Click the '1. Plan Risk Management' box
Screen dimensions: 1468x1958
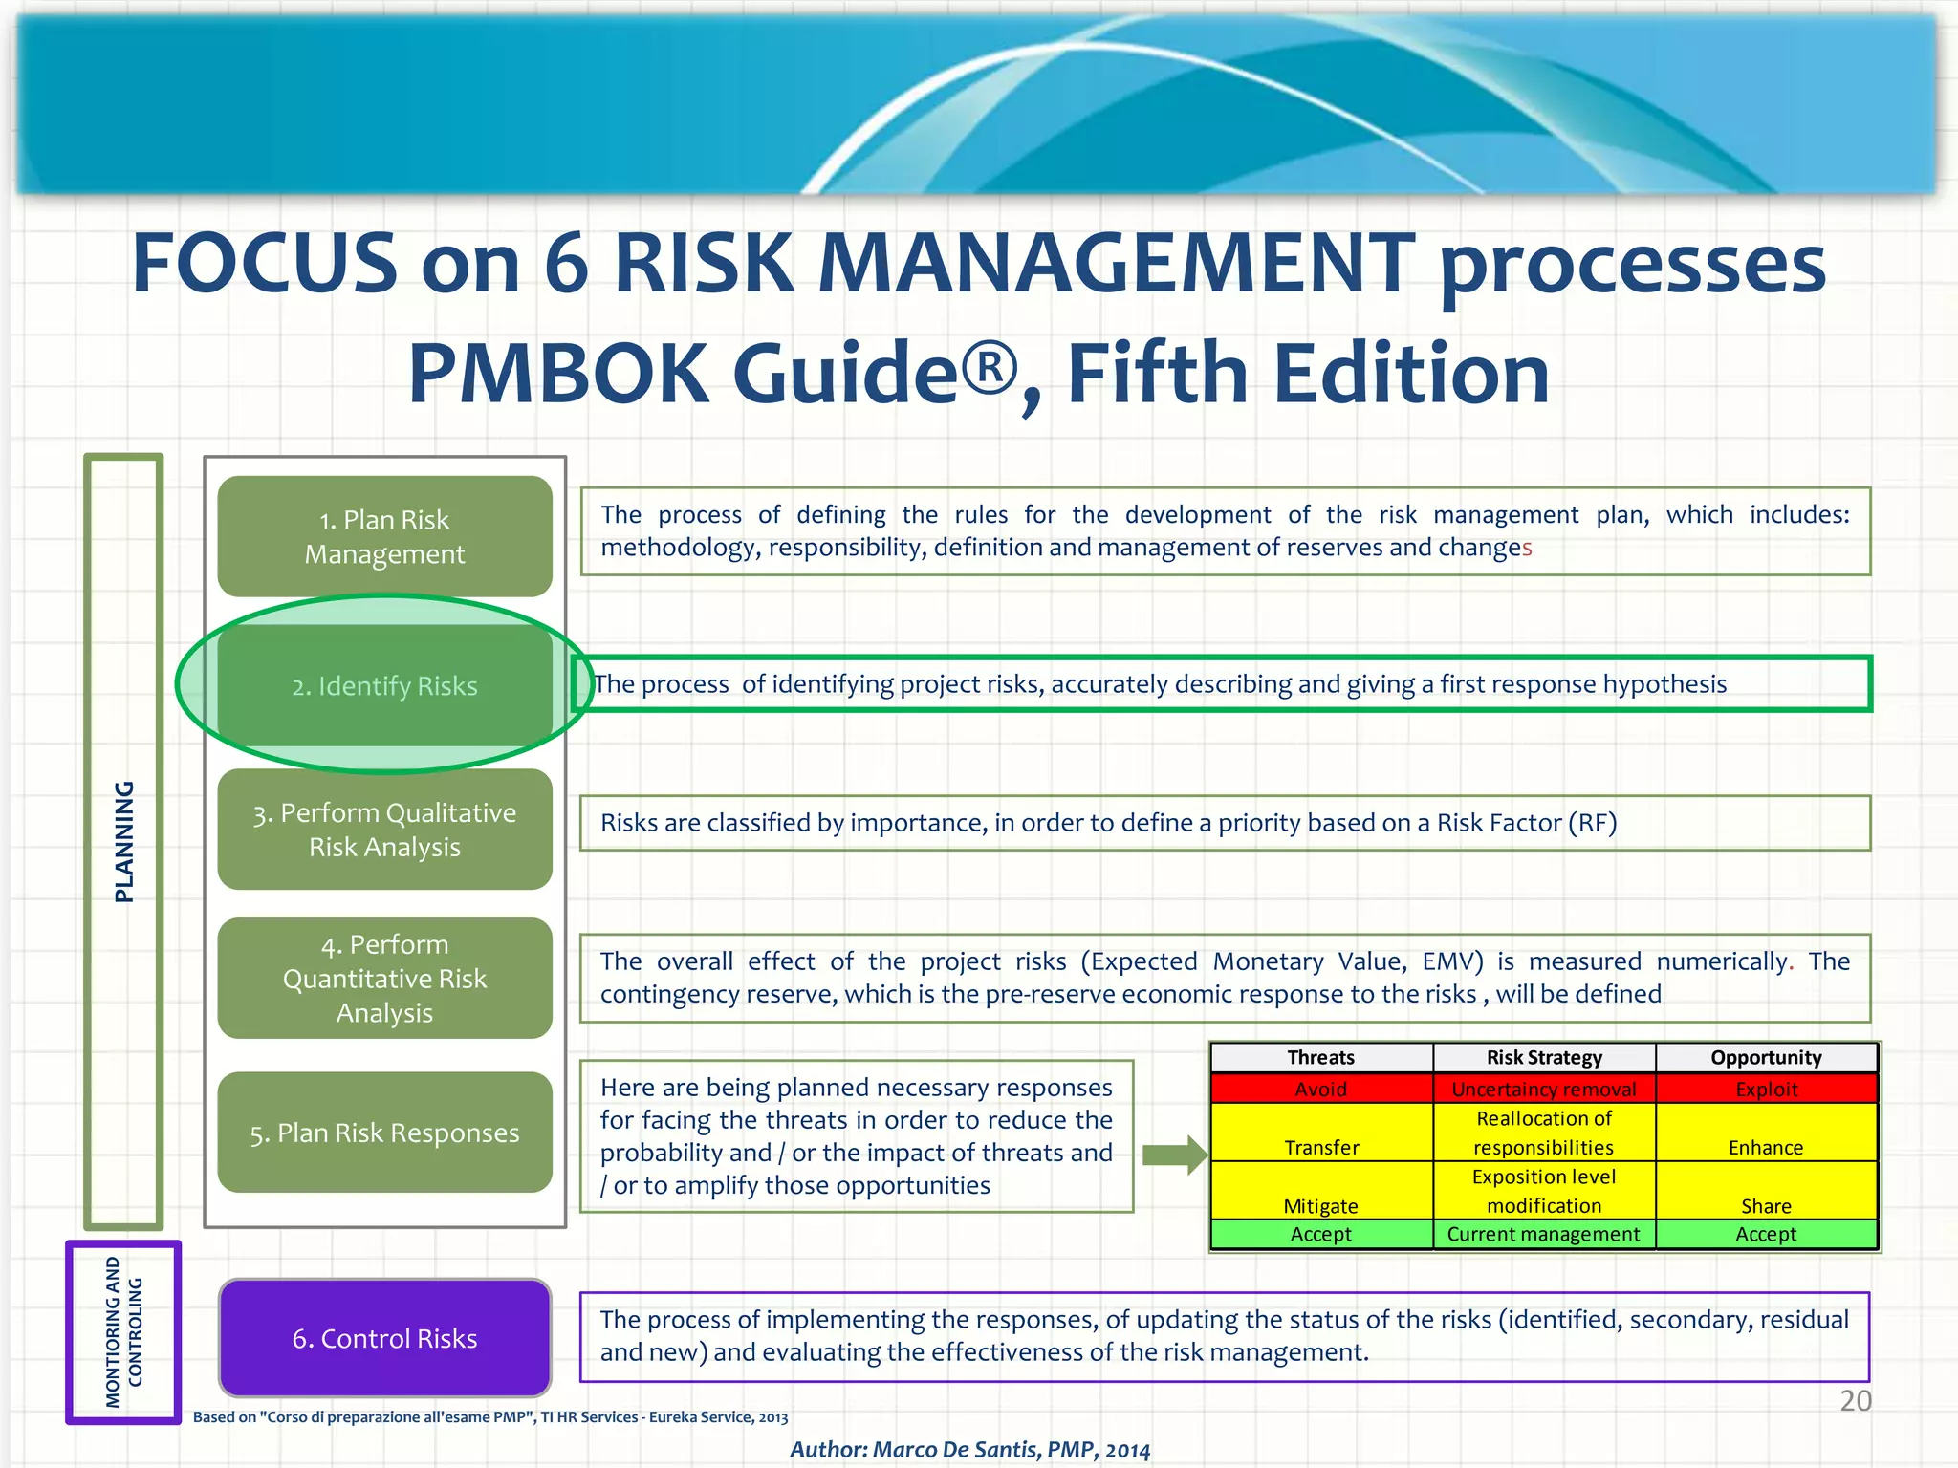384,536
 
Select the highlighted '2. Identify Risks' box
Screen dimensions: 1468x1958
384,685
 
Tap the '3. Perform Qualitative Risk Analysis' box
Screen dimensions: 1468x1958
384,829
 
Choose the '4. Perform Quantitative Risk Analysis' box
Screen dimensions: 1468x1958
384,978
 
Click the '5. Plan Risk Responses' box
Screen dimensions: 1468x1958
384,1133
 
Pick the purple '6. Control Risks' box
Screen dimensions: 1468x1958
384,1338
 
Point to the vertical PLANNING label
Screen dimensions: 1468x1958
124,841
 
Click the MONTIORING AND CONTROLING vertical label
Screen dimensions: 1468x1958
123,1332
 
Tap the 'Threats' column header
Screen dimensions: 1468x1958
1320,1057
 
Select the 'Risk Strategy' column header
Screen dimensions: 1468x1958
1544,1057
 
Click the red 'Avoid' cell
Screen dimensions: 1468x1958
1320,1089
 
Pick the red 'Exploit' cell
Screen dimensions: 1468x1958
1766,1089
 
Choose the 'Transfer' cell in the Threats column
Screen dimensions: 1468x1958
1321,1146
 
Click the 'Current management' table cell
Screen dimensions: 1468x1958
1543,1234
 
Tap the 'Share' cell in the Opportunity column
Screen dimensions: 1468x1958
1766,1205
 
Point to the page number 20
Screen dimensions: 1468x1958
1855,1400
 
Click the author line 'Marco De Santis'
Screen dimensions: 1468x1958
969,1449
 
